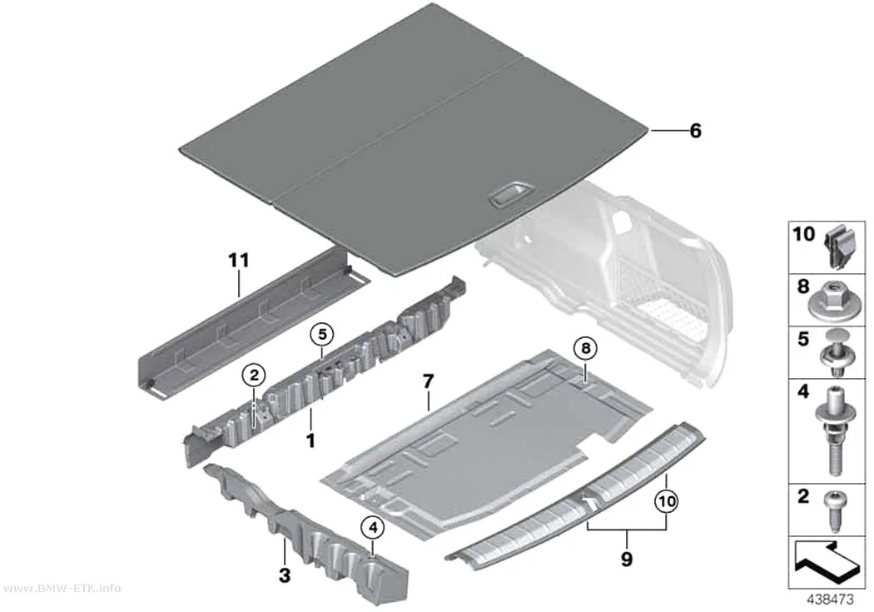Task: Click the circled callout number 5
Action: pos(322,335)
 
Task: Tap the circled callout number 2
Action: pos(254,376)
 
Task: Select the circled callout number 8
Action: pos(585,349)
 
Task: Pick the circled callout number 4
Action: pos(373,527)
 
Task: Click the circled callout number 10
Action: pos(667,501)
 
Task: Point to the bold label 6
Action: pos(695,131)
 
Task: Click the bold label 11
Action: pos(239,261)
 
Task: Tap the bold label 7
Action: pos(428,382)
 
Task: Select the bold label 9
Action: pos(627,559)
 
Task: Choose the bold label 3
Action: pos(285,575)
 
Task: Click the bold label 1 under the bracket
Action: pos(310,440)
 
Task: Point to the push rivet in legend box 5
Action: pos(834,353)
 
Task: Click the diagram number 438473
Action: pos(831,600)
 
